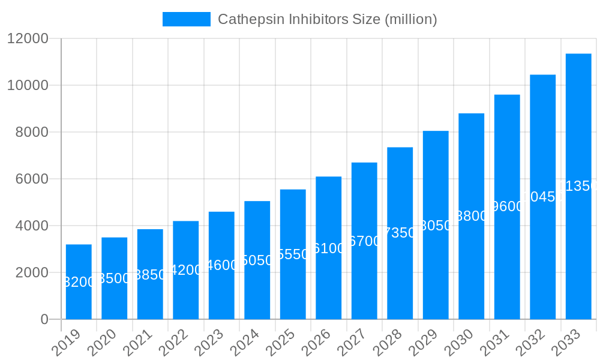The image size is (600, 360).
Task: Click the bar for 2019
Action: pyautogui.click(x=79, y=281)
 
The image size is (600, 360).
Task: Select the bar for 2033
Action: pyautogui.click(x=578, y=186)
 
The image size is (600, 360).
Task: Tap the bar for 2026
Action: pyautogui.click(x=329, y=247)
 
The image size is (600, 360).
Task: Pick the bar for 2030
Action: pyautogui.click(x=472, y=216)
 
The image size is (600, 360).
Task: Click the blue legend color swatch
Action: pyautogui.click(x=186, y=19)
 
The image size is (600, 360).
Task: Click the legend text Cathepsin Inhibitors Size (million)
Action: pyautogui.click(x=327, y=19)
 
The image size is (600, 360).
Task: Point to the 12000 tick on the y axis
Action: pyautogui.click(x=28, y=38)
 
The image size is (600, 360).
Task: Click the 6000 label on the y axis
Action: pyautogui.click(x=31, y=179)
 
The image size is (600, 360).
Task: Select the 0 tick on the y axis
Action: pyautogui.click(x=44, y=319)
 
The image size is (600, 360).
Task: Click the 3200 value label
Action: pyautogui.click(x=79, y=282)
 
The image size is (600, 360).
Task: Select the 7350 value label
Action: pyautogui.click(x=400, y=233)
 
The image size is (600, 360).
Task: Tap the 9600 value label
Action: pyautogui.click(x=507, y=206)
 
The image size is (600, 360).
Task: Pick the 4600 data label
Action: pyautogui.click(x=221, y=265)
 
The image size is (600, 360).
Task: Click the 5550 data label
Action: pyautogui.click(x=293, y=254)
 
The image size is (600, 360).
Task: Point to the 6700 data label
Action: pyautogui.click(x=364, y=241)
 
